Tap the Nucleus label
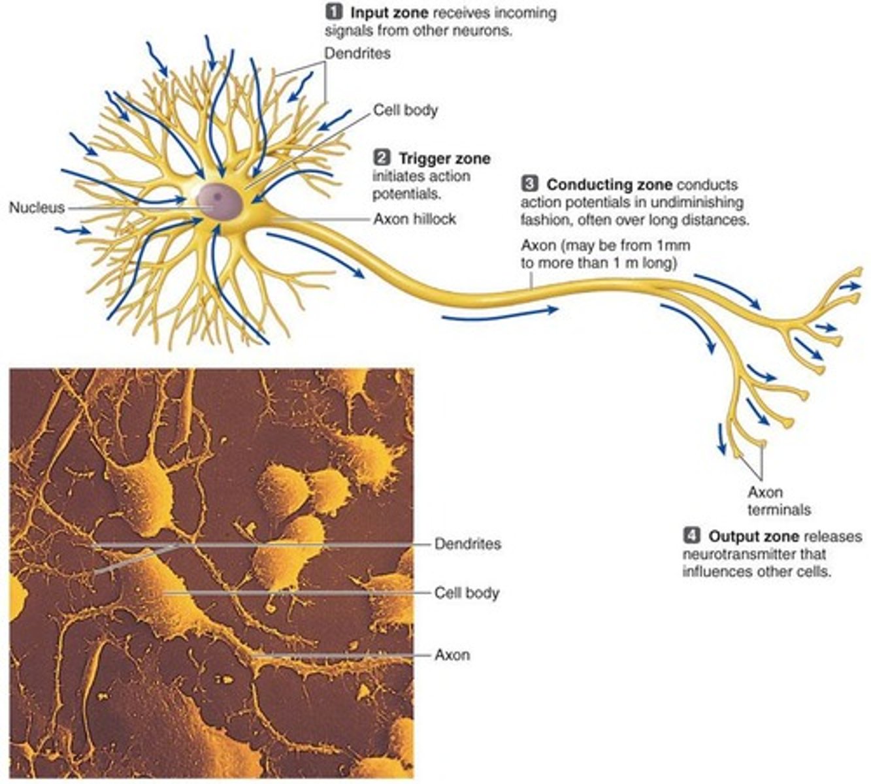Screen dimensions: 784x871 pos(37,208)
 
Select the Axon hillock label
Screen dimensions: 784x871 pos(414,219)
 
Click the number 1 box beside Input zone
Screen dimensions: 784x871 pos(334,12)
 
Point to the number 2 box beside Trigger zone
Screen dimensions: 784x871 pos(382,158)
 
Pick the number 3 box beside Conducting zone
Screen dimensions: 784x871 pos(529,184)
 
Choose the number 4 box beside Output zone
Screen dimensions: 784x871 pos(691,536)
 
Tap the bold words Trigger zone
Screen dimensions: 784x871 pos(444,159)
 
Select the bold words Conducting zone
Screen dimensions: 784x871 pos(609,185)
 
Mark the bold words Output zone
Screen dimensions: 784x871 pos(753,537)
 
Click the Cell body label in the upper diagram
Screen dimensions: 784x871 pos(405,110)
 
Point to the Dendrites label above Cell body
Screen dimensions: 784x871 pos(357,54)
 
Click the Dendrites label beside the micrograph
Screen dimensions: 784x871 pos(468,544)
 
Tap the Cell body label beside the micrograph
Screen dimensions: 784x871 pos(467,593)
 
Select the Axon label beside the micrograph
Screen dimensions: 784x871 pos(452,655)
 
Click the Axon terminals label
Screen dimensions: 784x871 pos(779,500)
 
